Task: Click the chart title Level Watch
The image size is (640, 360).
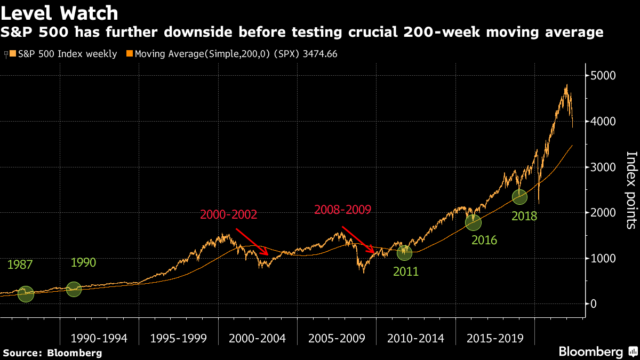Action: pyautogui.click(x=59, y=12)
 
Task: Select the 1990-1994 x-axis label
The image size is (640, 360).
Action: pyautogui.click(x=99, y=338)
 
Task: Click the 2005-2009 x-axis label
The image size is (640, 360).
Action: pyautogui.click(x=337, y=338)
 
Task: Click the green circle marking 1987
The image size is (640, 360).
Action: pyautogui.click(x=26, y=294)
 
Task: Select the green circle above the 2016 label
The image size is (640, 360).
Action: pyautogui.click(x=473, y=222)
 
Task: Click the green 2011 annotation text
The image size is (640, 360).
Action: pyautogui.click(x=406, y=272)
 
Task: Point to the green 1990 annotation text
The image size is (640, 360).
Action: pyautogui.click(x=84, y=263)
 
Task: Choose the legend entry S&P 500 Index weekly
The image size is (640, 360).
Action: pyautogui.click(x=63, y=54)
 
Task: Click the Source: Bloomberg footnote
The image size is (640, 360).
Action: pyautogui.click(x=52, y=353)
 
